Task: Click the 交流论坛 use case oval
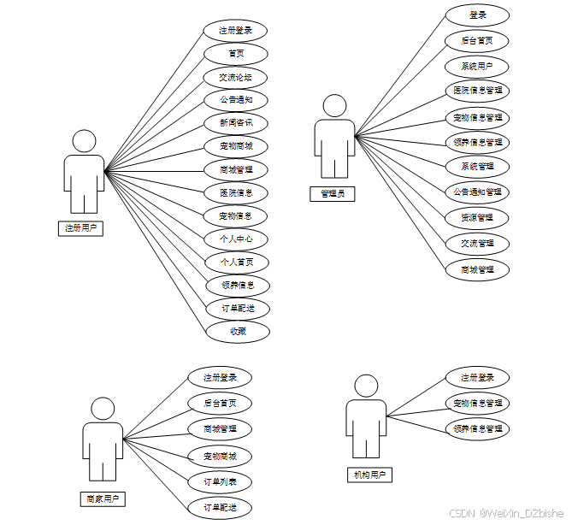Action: [236, 78]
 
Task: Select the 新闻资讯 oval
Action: [236, 123]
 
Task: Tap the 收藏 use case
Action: [238, 332]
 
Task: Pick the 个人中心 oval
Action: [236, 239]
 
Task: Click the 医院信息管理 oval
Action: [478, 90]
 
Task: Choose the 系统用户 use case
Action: [478, 66]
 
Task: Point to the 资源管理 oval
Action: [478, 217]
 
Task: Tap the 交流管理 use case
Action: [478, 243]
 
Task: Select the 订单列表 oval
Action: [220, 482]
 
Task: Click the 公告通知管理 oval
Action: [478, 192]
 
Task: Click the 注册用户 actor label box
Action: [83, 227]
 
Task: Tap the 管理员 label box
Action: [333, 193]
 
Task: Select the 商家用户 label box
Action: [103, 498]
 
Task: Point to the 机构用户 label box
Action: [369, 475]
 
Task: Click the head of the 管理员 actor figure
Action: [335, 106]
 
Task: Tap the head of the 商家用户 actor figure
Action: [103, 409]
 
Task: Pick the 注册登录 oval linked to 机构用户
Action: [478, 378]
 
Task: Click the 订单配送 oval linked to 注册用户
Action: [238, 309]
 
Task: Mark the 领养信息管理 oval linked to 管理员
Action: [478, 142]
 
